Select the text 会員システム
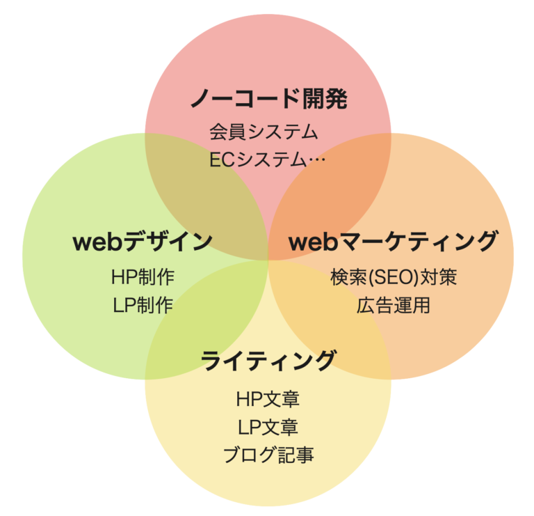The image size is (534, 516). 264,131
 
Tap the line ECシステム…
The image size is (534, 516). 268,159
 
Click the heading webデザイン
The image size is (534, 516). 143,242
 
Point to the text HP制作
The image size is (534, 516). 143,276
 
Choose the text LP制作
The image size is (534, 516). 143,305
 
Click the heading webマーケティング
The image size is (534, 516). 393,242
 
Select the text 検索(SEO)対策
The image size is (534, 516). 393,276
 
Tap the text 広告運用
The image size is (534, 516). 394,305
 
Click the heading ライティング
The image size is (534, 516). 268,361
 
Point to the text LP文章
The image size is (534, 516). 268,427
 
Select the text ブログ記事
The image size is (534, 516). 268,455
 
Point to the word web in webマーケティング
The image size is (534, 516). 312,242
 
